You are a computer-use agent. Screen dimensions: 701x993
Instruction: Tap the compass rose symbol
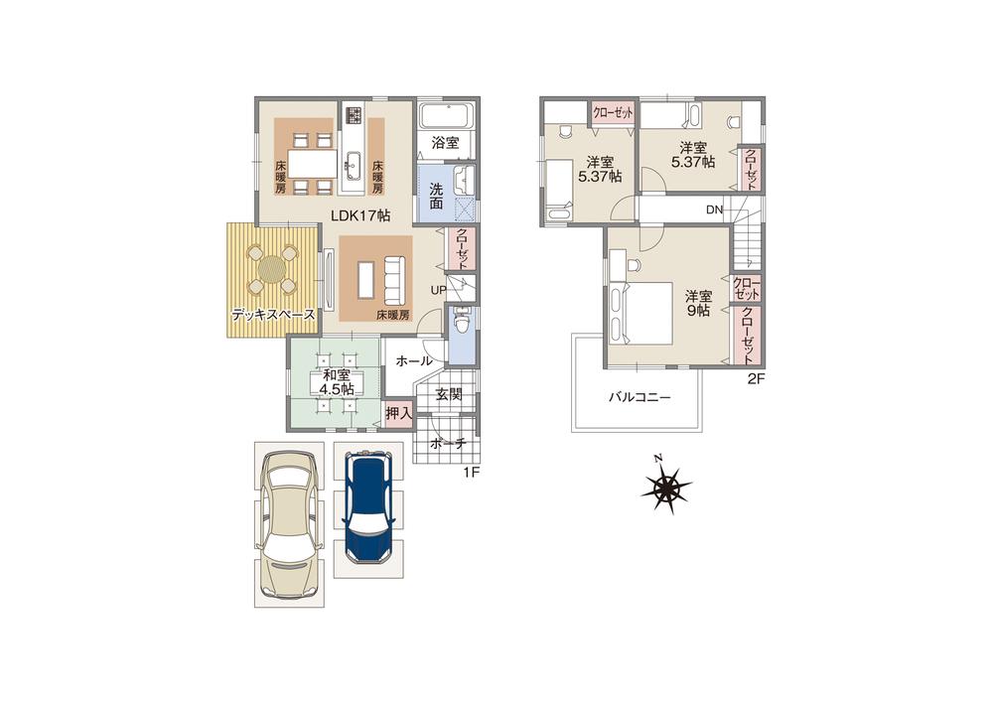point(666,488)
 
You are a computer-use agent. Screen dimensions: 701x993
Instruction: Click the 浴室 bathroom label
point(444,143)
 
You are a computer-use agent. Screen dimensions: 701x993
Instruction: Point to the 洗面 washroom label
point(437,196)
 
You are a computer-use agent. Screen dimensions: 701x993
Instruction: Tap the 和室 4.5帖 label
point(336,382)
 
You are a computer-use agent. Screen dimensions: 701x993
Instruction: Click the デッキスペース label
point(272,315)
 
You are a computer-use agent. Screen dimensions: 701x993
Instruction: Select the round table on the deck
point(272,268)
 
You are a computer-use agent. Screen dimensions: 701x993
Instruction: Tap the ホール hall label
point(413,361)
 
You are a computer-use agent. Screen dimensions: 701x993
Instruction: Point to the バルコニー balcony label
point(639,396)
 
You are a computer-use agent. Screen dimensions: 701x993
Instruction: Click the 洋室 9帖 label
point(698,303)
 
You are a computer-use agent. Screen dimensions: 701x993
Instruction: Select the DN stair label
point(714,210)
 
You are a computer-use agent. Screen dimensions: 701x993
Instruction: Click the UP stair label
point(438,289)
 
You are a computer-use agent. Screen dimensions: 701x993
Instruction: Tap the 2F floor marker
point(757,378)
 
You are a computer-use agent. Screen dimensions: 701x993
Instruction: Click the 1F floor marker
point(472,472)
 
